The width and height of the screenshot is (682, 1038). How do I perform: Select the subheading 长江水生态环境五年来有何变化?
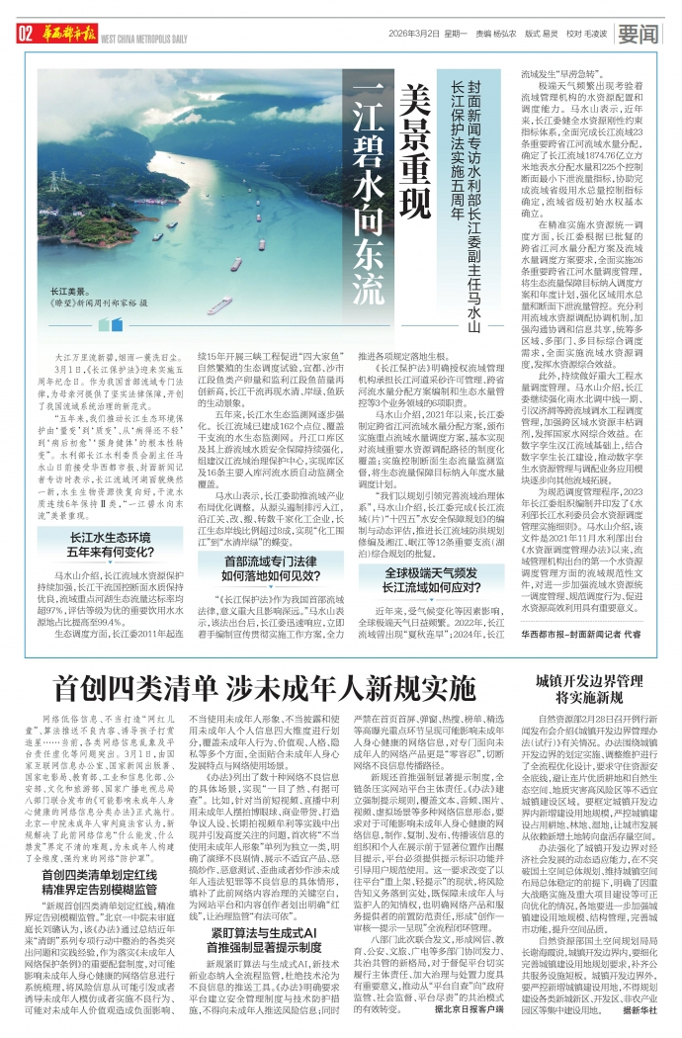[109, 546]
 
